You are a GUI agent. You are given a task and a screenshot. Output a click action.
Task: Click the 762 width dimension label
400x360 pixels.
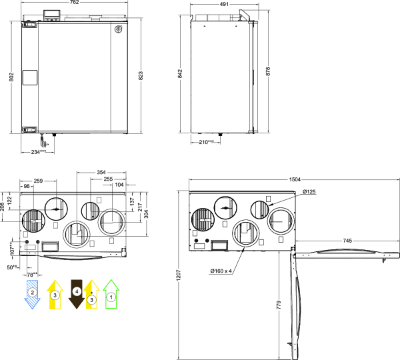tap(74, 2)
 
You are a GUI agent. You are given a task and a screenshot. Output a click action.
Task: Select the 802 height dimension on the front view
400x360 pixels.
tap(11, 77)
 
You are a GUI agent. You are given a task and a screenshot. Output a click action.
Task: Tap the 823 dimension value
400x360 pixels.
tap(141, 76)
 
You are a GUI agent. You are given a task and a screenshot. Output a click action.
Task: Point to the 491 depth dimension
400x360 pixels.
tap(224, 5)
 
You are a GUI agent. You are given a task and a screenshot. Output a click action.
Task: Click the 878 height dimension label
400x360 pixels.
tap(267, 71)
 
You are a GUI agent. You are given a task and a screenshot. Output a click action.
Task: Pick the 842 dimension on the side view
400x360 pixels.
tap(180, 74)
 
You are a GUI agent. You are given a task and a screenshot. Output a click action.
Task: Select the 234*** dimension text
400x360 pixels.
tap(39, 152)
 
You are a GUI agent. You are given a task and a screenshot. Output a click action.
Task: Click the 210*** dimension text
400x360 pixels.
tap(207, 142)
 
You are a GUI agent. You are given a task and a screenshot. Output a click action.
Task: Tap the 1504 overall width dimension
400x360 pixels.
tap(295, 179)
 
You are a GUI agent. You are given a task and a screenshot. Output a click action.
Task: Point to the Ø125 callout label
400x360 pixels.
tap(309, 191)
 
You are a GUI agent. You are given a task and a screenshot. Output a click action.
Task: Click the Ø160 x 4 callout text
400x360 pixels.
tap(221, 271)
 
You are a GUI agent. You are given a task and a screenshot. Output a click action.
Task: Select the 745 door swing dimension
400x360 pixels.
tap(347, 241)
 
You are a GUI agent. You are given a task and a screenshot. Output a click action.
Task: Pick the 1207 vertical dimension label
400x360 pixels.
tap(179, 275)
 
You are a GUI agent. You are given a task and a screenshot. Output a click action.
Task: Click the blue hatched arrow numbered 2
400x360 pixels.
tap(32, 294)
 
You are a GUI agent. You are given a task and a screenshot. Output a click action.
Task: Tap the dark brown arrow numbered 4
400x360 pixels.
tap(77, 294)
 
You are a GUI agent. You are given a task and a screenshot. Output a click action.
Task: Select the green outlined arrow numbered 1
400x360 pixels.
tap(111, 294)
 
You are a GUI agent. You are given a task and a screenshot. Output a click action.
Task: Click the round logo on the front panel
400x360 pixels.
tap(118, 29)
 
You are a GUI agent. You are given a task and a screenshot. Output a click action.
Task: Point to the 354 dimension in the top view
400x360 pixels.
tap(101, 173)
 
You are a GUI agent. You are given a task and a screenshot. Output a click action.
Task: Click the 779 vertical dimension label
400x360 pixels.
tap(279, 305)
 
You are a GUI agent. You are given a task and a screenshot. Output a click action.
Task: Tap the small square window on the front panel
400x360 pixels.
tap(30, 77)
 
